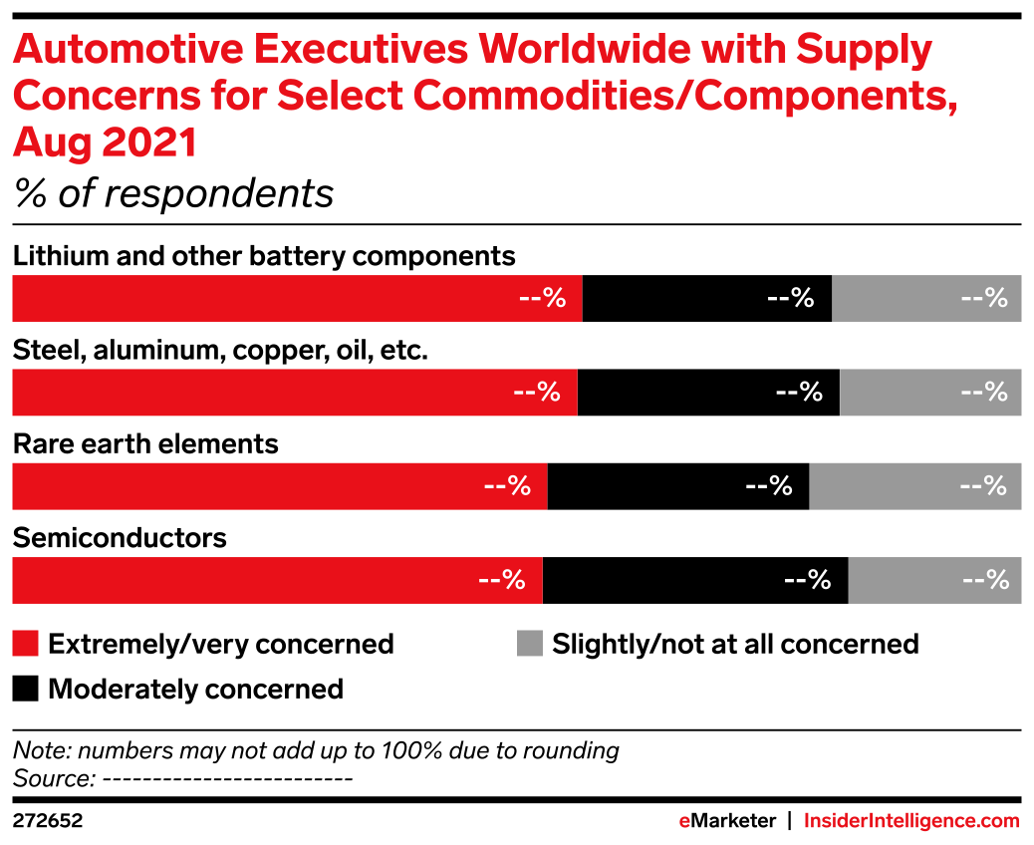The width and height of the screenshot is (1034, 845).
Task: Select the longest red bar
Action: click(x=296, y=298)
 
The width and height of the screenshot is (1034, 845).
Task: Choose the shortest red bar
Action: click(x=276, y=580)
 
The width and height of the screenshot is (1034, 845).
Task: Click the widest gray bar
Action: click(x=915, y=486)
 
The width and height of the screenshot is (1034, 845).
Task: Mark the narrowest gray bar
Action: click(x=934, y=580)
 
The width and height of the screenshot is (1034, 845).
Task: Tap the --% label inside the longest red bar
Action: click(x=542, y=298)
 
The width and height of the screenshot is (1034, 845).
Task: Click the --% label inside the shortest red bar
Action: click(x=501, y=580)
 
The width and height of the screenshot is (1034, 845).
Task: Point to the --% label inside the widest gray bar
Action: click(x=983, y=486)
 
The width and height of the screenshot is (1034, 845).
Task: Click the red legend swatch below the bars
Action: click(x=25, y=644)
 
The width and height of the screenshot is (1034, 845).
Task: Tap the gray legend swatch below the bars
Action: click(x=529, y=644)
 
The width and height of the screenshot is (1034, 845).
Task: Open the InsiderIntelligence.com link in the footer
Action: click(x=911, y=821)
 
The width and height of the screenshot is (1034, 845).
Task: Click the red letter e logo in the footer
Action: click(x=684, y=822)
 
